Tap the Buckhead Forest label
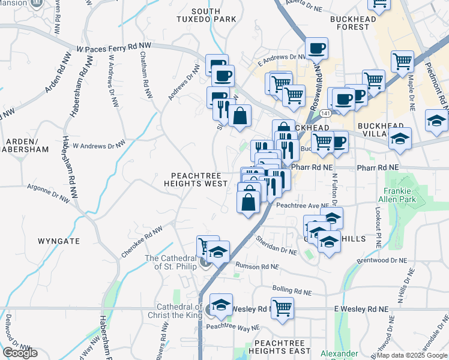[353, 23]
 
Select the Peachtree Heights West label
[196, 179]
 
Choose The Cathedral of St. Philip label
[172, 262]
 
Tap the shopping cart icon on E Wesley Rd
[282, 308]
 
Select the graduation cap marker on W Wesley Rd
[221, 304]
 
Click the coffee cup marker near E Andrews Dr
[316, 48]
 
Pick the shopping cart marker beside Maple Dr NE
[402, 61]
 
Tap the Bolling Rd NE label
[292, 292]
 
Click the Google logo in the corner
[20, 353]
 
